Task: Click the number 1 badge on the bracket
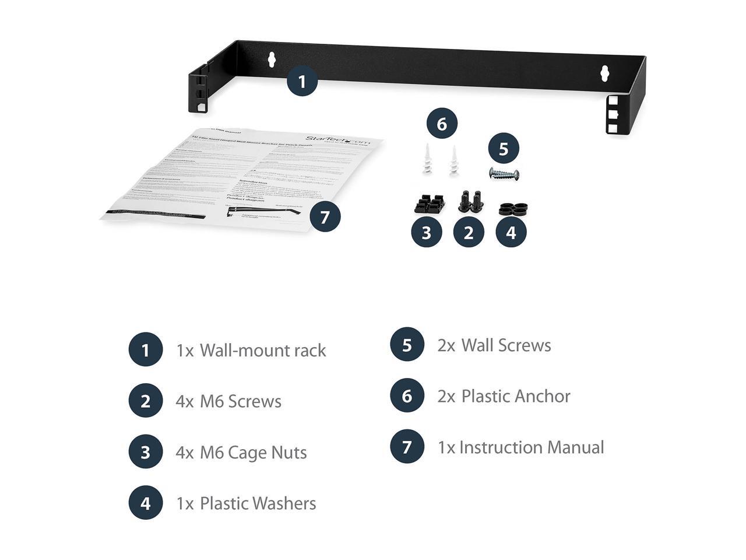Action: tap(301, 81)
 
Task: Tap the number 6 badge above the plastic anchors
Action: tap(441, 124)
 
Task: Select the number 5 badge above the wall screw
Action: tap(504, 149)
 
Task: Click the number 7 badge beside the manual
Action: tap(325, 217)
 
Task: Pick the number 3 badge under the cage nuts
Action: tap(426, 232)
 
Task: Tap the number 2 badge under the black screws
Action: tap(469, 232)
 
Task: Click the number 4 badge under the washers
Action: tap(511, 232)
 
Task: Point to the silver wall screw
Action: tap(504, 173)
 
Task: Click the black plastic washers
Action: tap(512, 209)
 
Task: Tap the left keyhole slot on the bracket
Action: tap(272, 59)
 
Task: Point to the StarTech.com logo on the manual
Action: tap(339, 139)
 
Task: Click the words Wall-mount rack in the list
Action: tap(263, 351)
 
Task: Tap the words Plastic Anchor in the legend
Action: tap(516, 397)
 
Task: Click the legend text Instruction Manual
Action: tap(532, 447)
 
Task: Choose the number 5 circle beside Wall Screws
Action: tap(407, 345)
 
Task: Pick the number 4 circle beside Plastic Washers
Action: tap(145, 503)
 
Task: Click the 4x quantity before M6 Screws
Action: tap(185, 401)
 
